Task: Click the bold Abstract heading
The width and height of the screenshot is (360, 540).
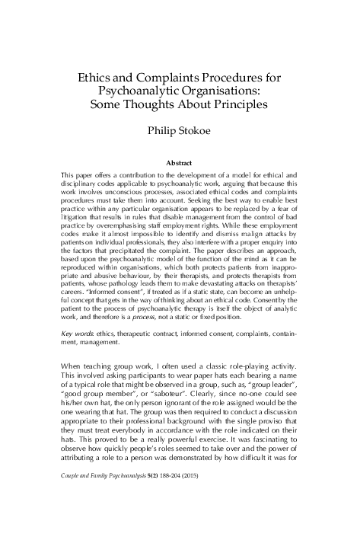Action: [180, 162]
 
